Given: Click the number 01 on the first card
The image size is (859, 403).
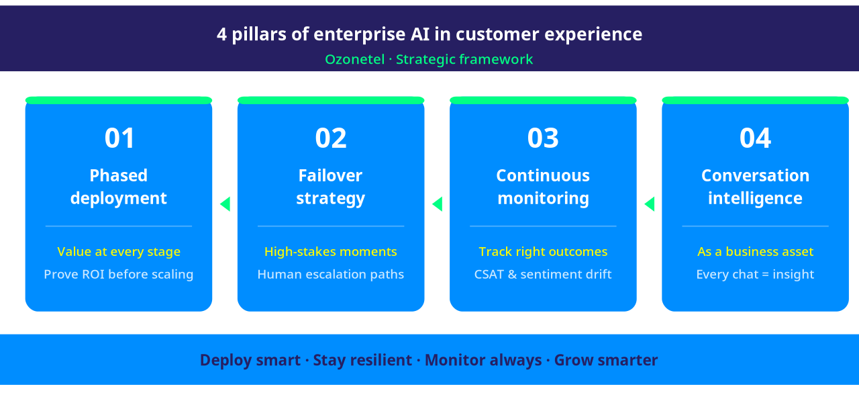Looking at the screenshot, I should tap(119, 138).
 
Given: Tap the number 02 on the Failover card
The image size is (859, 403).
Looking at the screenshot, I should tap(331, 138).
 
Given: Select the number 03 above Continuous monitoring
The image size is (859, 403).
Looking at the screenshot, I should tap(543, 138).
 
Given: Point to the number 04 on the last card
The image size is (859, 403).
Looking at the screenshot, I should tap(755, 138).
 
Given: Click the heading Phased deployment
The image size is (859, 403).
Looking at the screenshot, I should tap(119, 187).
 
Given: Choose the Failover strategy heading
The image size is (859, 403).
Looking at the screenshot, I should tap(331, 187).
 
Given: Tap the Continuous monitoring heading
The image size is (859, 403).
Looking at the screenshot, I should tap(543, 187).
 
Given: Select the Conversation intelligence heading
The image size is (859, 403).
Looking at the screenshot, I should tap(755, 187).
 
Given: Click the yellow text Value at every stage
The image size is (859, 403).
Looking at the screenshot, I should tap(119, 252).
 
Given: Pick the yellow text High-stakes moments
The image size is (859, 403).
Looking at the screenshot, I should tap(331, 252).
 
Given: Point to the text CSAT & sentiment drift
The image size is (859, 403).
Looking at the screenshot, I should tap(543, 274).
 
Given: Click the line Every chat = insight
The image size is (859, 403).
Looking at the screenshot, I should tap(755, 274).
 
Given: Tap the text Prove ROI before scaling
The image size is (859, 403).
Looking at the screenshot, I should tap(119, 274).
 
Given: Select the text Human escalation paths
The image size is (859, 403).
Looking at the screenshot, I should tap(331, 274).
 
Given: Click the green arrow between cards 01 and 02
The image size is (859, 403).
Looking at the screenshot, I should tap(225, 204).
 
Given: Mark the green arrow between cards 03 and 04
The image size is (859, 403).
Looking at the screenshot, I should tap(650, 204).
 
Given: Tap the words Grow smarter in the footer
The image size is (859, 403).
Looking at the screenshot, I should tap(606, 360).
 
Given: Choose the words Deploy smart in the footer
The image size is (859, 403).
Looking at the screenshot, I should tap(250, 360).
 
